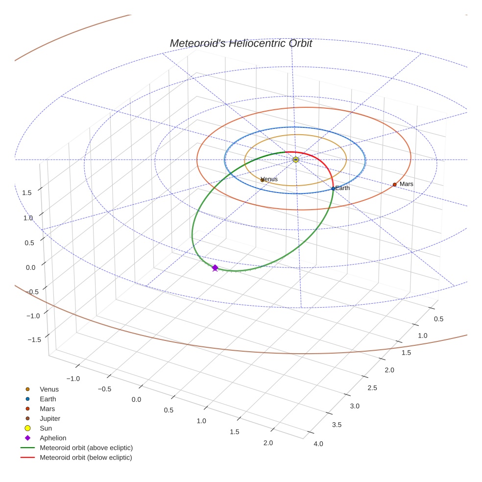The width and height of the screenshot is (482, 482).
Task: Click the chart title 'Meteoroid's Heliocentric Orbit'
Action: point(241,44)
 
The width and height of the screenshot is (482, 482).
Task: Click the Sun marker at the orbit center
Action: point(295,160)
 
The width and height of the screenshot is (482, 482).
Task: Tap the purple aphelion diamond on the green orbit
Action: point(215,267)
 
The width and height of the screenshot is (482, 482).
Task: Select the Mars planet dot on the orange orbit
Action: point(394,185)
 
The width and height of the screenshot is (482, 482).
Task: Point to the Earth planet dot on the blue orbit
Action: point(333,189)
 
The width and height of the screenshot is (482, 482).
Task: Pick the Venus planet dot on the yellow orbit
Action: point(262,180)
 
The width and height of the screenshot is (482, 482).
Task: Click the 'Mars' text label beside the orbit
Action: point(407,184)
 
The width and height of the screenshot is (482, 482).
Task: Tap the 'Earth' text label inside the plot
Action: point(343,188)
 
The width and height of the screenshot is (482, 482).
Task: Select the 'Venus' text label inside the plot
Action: point(269,179)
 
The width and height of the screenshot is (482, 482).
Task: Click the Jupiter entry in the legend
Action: point(50,418)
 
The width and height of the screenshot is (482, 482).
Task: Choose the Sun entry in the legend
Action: point(46,428)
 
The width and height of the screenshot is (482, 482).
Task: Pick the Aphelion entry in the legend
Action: point(53,438)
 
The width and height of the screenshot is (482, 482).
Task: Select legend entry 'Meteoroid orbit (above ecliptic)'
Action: point(86,448)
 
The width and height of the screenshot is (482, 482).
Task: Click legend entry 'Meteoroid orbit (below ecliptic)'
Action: point(86,458)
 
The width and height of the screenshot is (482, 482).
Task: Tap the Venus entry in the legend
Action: point(49,389)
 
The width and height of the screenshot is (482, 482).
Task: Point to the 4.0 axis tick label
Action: point(318,444)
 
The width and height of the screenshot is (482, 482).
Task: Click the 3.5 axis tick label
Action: point(337,425)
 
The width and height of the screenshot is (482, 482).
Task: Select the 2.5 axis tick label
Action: point(372,388)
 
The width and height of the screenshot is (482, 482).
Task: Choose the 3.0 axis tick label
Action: point(354,406)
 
